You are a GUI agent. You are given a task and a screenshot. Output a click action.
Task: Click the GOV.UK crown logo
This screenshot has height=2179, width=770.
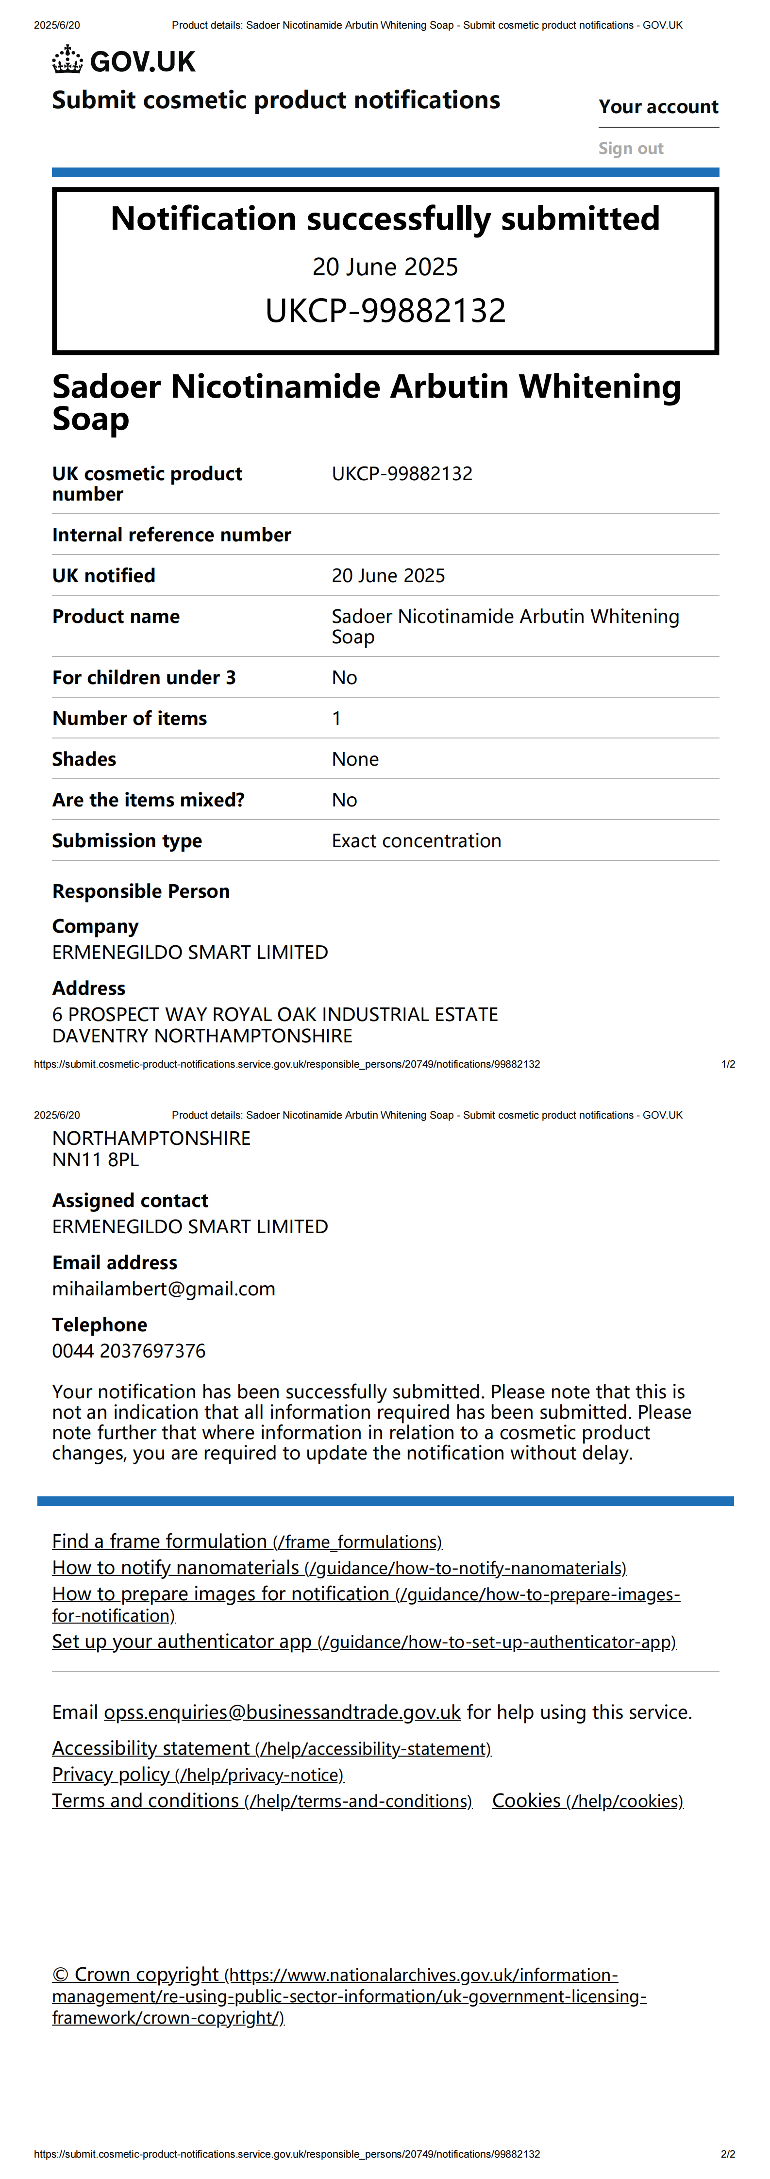(67, 61)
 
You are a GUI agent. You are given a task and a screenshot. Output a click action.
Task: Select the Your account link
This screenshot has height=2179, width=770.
(658, 107)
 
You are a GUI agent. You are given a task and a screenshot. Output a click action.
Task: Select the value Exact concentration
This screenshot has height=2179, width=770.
(416, 841)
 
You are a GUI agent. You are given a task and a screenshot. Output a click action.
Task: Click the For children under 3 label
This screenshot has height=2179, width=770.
(144, 678)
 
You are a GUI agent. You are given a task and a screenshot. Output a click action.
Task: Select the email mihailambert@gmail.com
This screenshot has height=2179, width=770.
(163, 1289)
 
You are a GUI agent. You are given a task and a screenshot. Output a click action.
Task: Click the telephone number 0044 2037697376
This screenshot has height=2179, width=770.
(129, 1351)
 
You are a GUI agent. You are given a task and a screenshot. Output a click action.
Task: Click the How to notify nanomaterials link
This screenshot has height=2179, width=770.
(338, 1568)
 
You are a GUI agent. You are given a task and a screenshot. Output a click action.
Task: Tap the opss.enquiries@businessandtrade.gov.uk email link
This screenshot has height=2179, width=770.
(282, 1713)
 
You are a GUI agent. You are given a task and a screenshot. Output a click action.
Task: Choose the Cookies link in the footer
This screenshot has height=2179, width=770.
(587, 1801)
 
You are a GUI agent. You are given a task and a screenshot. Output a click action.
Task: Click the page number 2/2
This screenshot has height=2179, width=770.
(728, 2154)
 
